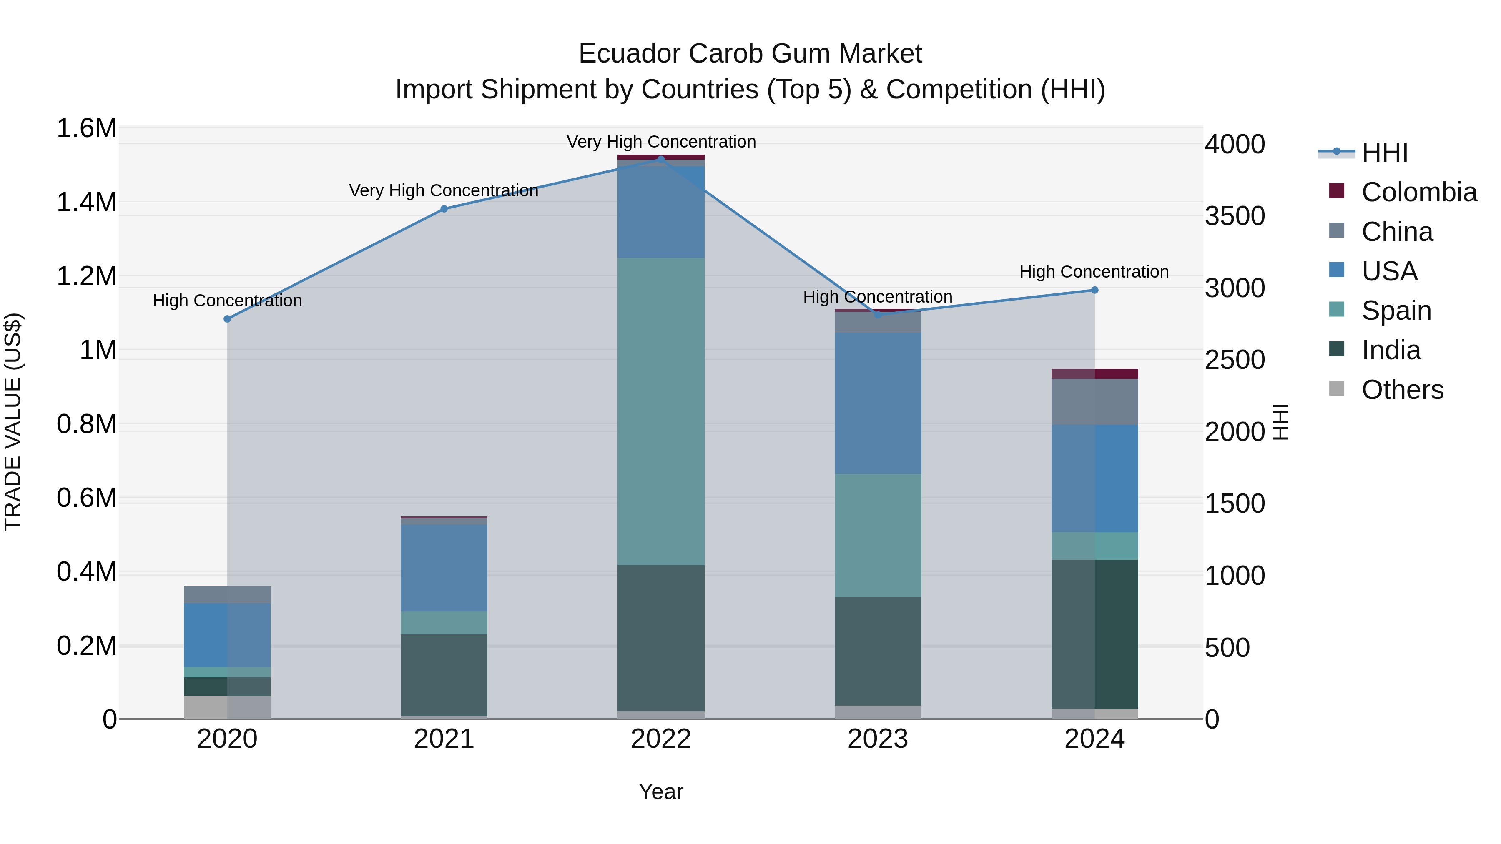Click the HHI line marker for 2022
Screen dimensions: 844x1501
(x=661, y=159)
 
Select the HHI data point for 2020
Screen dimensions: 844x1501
(x=227, y=318)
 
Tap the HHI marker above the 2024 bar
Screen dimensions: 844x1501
(x=1094, y=290)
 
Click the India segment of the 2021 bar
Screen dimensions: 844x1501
(x=444, y=674)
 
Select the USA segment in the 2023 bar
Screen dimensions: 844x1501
(x=878, y=403)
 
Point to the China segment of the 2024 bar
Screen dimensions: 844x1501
(x=1094, y=401)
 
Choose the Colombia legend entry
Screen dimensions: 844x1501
(x=1419, y=192)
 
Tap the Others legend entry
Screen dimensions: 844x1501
(x=1402, y=390)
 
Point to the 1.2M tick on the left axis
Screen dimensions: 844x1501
(x=86, y=276)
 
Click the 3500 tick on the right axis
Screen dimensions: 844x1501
(x=1235, y=216)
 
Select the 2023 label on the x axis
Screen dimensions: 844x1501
(x=878, y=739)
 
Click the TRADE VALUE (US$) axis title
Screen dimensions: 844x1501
(x=13, y=422)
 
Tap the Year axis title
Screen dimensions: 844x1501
(x=661, y=791)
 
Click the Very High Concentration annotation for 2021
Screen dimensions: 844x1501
(x=444, y=190)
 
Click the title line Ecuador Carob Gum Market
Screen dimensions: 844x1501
(x=750, y=54)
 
